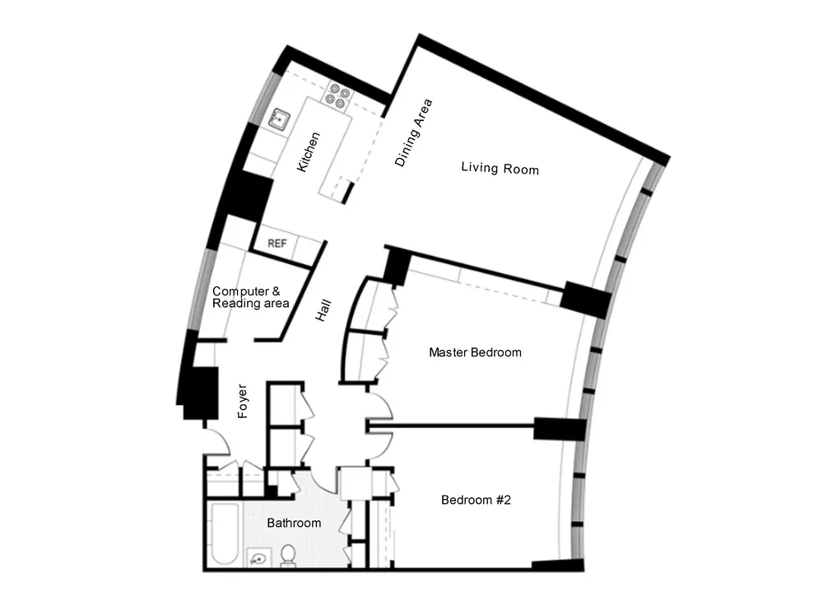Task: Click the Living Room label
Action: click(500, 169)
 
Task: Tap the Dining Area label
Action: click(413, 133)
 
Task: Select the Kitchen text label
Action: click(308, 151)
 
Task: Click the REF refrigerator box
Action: click(277, 244)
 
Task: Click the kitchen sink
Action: click(280, 119)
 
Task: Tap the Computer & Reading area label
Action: click(250, 297)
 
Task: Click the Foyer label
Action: click(243, 402)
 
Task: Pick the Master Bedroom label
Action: click(475, 352)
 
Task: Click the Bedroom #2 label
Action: click(477, 500)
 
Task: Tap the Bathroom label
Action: click(294, 523)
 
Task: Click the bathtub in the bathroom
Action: click(224, 535)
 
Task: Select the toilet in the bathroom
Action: click(288, 557)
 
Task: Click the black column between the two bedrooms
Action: click(559, 429)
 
